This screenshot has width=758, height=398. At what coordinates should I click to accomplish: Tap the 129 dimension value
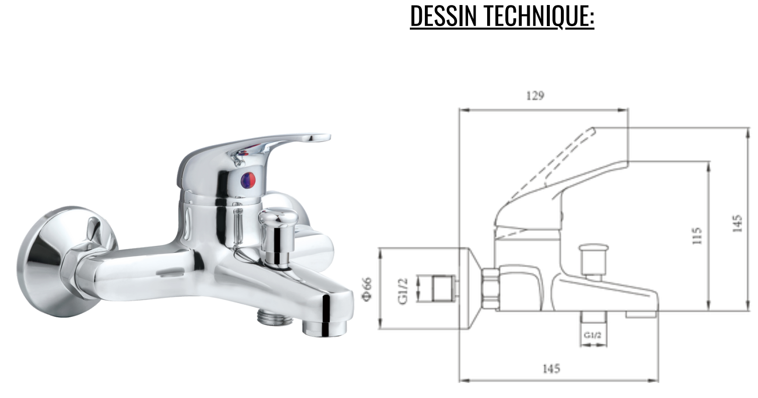pyautogui.click(x=535, y=95)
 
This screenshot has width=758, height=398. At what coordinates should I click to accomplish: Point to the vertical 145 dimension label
pyautogui.click(x=737, y=223)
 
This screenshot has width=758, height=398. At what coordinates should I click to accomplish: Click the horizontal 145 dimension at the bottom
pyautogui.click(x=551, y=369)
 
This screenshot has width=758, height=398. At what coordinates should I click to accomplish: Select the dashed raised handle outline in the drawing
pyautogui.click(x=552, y=161)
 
